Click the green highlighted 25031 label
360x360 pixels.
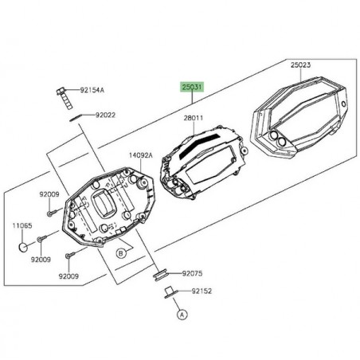pos(192,87)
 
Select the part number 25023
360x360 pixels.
pos(300,65)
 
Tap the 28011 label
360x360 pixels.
pos(194,118)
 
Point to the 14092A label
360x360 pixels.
pos(141,155)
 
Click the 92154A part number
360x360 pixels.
pos(92,90)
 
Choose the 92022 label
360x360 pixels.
pos(105,115)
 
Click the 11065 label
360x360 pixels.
pos(22,225)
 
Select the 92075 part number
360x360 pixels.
pos(192,273)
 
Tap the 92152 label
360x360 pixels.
pos(202,292)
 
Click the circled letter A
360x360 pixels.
pos(182,315)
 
